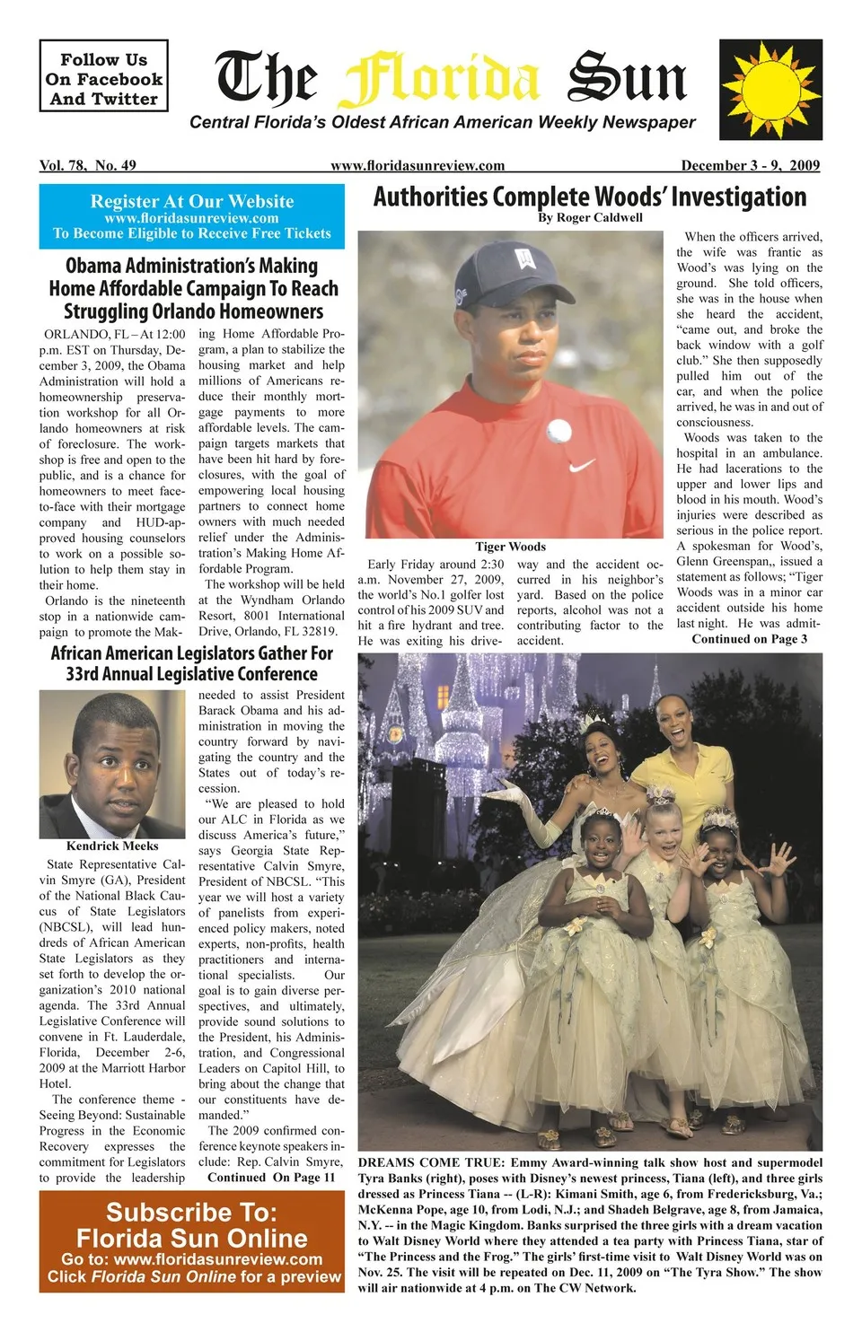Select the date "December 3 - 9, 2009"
pyautogui.click(x=750, y=165)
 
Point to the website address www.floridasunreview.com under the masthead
pyautogui.click(x=418, y=165)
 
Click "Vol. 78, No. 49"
pyautogui.click(x=88, y=165)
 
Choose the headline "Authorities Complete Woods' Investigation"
pyautogui.click(x=590, y=197)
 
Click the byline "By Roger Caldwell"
pyautogui.click(x=590, y=217)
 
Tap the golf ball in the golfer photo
pyautogui.click(x=559, y=430)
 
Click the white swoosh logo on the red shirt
pyautogui.click(x=583, y=466)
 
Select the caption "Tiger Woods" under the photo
pyautogui.click(x=510, y=547)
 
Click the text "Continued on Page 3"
pyautogui.click(x=749, y=639)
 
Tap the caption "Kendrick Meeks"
pyautogui.click(x=112, y=846)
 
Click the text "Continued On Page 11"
pyautogui.click(x=271, y=1177)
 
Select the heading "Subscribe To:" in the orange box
pyautogui.click(x=192, y=1213)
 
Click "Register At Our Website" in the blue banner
pyautogui.click(x=192, y=201)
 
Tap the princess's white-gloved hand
pyautogui.click(x=505, y=793)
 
